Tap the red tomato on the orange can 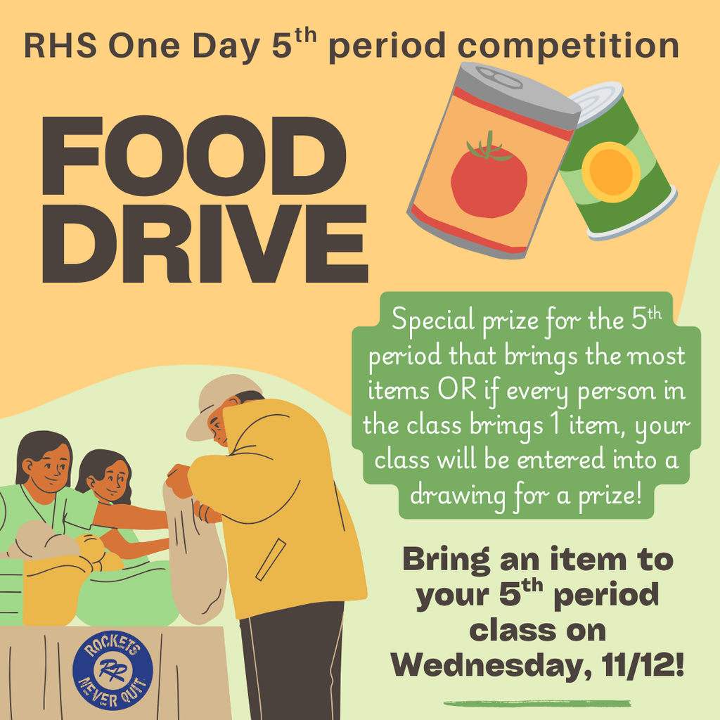(x=489, y=179)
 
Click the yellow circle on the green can (x=610, y=172)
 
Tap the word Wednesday (x=484, y=664)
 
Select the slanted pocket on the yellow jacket (x=271, y=559)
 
